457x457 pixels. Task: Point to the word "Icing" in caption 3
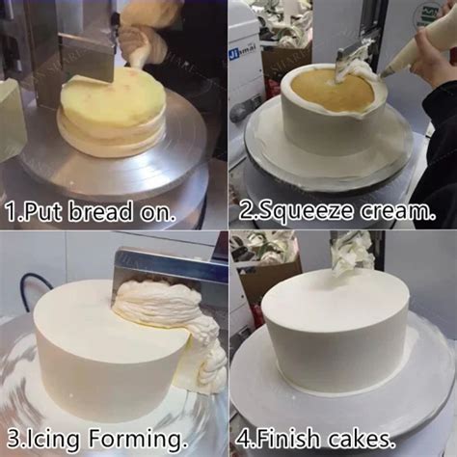coord(49,442)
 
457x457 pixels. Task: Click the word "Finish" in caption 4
coord(289,442)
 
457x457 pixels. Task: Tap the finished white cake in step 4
coord(333,333)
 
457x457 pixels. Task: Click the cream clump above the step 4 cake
coord(352,253)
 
